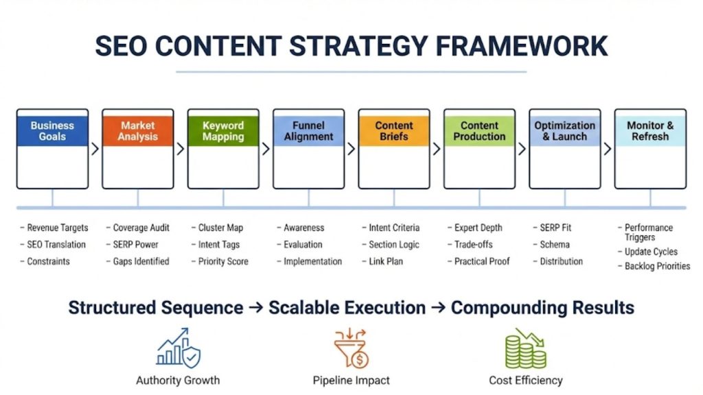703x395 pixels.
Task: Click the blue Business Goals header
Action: [52, 131]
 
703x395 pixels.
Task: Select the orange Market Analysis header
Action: [138, 131]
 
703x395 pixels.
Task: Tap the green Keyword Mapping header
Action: [223, 131]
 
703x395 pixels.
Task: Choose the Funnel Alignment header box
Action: [308, 131]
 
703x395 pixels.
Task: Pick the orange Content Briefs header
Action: [394, 131]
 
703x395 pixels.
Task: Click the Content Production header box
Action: [479, 131]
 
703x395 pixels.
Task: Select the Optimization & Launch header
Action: [565, 131]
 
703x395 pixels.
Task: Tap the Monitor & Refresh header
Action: [650, 131]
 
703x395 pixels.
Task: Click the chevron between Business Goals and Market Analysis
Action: [95, 149]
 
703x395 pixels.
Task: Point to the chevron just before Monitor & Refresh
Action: [608, 149]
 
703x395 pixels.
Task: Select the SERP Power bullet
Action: [135, 245]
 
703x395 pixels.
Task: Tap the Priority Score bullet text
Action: [223, 261]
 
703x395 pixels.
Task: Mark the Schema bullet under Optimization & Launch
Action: [554, 245]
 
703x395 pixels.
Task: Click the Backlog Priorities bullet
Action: [656, 266]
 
